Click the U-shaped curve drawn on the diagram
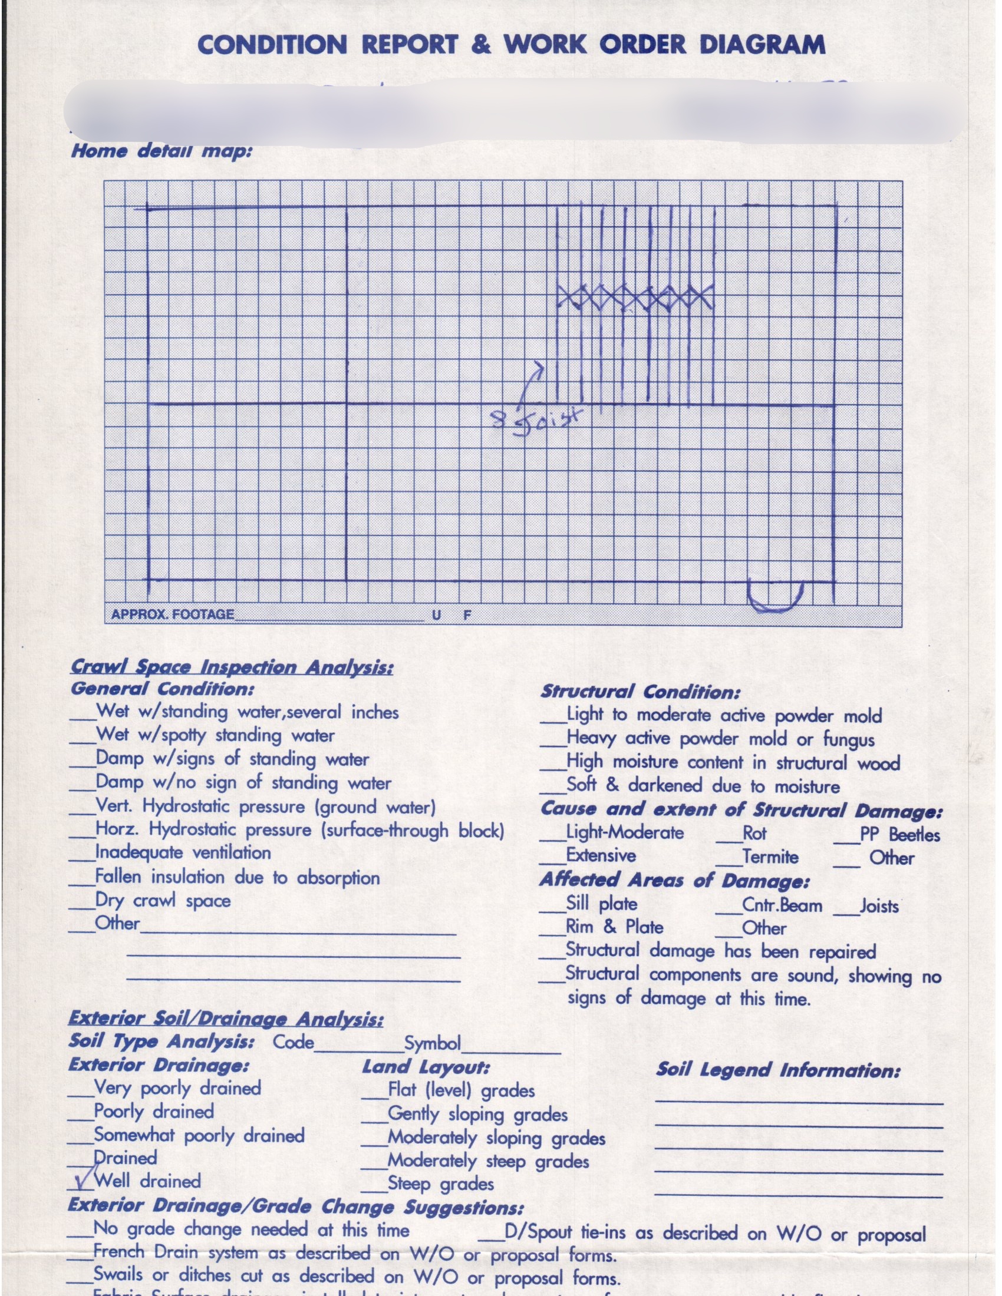click(774, 596)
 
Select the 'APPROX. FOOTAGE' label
click(173, 614)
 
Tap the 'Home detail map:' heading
click(161, 151)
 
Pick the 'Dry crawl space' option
click(163, 901)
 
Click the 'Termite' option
click(770, 857)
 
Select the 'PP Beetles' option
click(899, 834)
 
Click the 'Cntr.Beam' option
click(782, 905)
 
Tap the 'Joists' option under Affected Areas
click(879, 906)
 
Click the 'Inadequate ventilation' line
click(183, 853)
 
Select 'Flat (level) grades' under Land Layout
click(461, 1090)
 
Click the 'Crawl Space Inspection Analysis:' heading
click(232, 667)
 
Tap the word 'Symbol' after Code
click(432, 1043)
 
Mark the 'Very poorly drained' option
click(177, 1087)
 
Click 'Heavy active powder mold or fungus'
click(720, 739)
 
